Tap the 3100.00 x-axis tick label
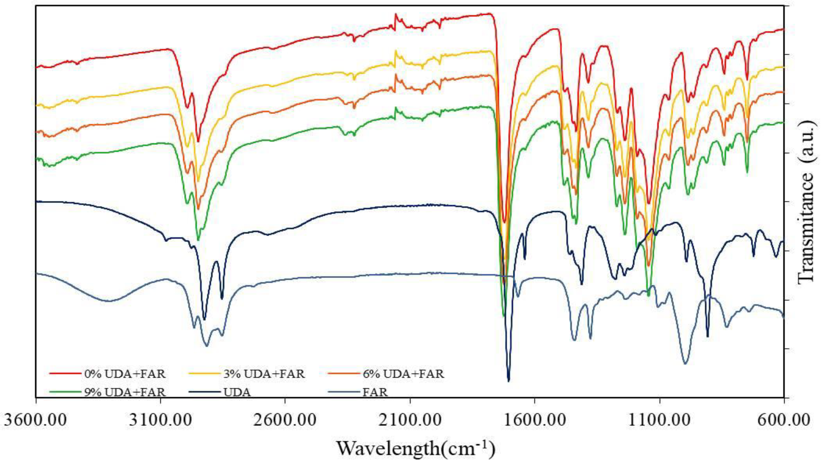click(161, 421)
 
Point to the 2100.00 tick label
click(410, 421)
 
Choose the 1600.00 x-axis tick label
click(535, 421)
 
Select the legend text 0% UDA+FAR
click(125, 374)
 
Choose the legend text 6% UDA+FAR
click(403, 374)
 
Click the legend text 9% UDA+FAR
click(125, 392)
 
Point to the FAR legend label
click(375, 392)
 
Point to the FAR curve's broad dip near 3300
click(109, 301)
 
